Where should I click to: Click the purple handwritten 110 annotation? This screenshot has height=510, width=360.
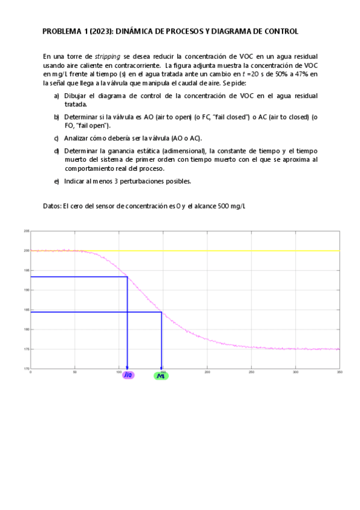(x=128, y=375)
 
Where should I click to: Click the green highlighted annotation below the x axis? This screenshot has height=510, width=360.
(x=161, y=375)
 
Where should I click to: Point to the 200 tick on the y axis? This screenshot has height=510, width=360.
(x=26, y=250)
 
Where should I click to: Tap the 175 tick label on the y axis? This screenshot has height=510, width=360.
(x=26, y=349)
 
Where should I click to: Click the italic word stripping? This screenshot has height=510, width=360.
(x=106, y=55)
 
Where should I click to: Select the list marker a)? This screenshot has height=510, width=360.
(x=56, y=96)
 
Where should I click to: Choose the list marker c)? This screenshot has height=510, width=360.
(x=56, y=138)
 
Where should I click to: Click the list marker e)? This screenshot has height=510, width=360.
(x=56, y=180)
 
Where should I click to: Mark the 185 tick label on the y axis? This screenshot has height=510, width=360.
(x=26, y=309)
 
